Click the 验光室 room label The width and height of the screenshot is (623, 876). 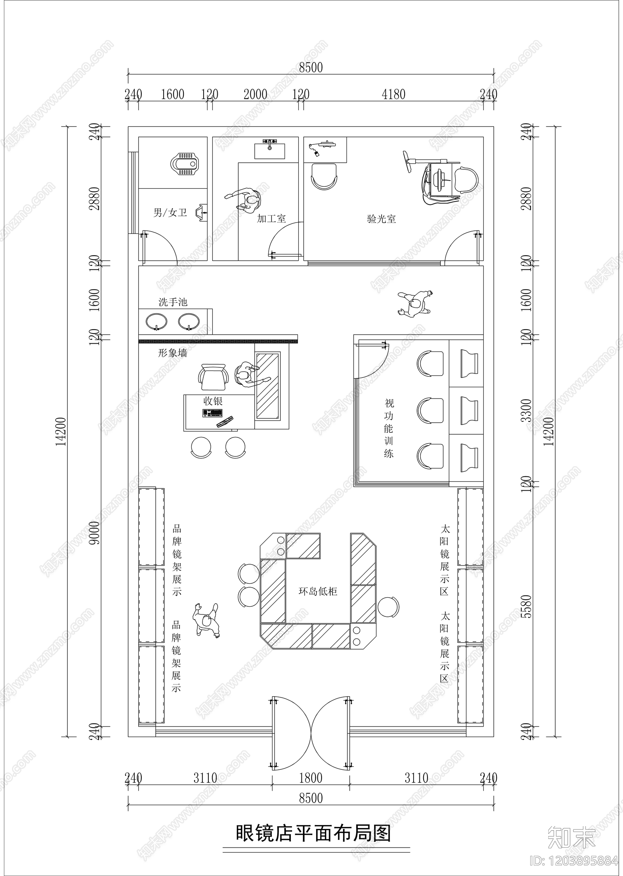(x=381, y=219)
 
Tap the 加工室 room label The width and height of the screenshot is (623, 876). (x=271, y=219)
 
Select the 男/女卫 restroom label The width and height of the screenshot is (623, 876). (x=170, y=212)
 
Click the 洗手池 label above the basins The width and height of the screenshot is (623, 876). (x=172, y=302)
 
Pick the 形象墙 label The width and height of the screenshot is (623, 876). (x=172, y=353)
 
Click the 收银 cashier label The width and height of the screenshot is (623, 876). (x=213, y=401)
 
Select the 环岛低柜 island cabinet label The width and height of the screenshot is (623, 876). (x=318, y=592)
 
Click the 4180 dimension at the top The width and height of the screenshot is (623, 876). (x=393, y=95)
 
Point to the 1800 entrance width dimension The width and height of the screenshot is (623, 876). (x=311, y=778)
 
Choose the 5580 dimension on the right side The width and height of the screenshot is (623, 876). (x=526, y=606)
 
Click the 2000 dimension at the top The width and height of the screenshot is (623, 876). (x=255, y=95)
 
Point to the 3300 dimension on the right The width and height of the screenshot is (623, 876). (x=526, y=410)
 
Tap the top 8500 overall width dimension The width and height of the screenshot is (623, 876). (x=311, y=68)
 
